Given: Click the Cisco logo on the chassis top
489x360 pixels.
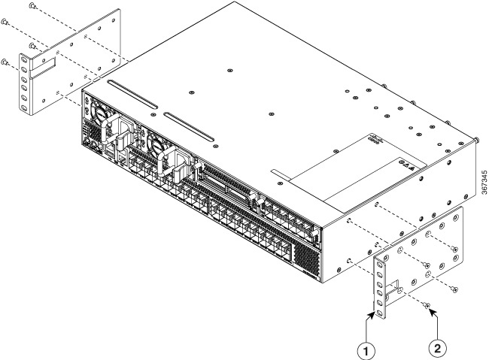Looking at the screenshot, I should tap(377, 141).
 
